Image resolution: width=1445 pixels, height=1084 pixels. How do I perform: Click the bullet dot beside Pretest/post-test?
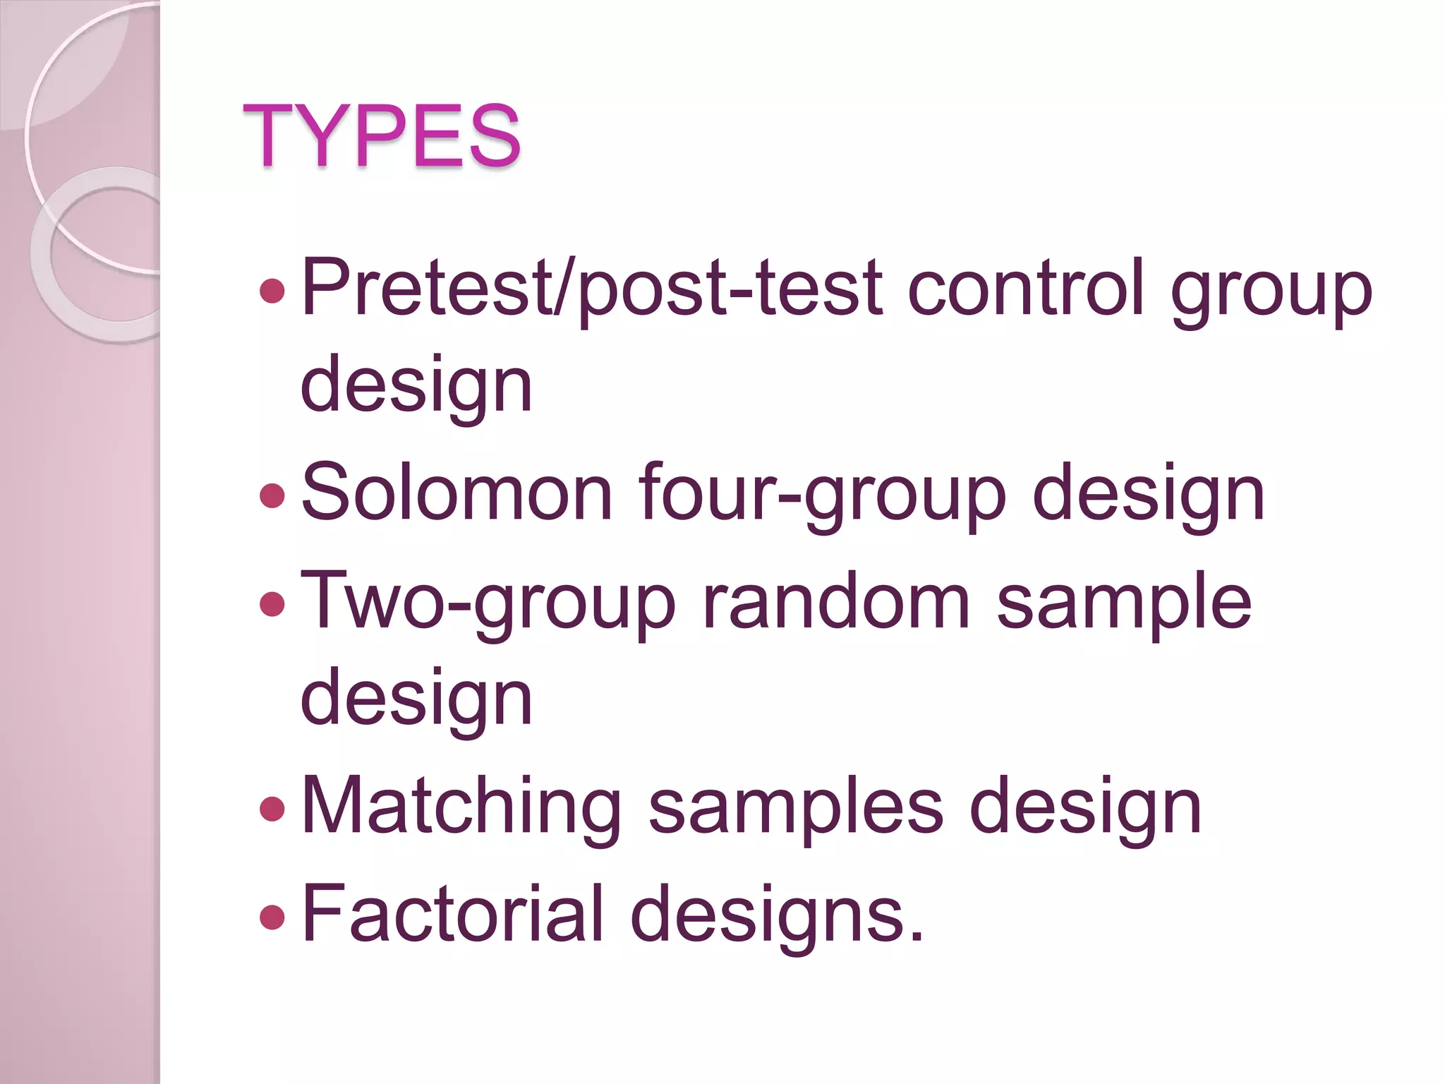tap(272, 290)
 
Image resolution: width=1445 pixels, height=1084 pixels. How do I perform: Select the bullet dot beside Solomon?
tap(272, 495)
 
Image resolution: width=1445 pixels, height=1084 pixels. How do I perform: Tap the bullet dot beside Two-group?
tap(272, 603)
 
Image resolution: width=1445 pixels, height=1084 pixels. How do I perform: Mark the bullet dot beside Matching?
tap(272, 809)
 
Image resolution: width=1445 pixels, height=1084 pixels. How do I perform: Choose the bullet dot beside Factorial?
tap(272, 917)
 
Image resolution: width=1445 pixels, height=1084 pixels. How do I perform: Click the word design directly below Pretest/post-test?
tap(416, 385)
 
